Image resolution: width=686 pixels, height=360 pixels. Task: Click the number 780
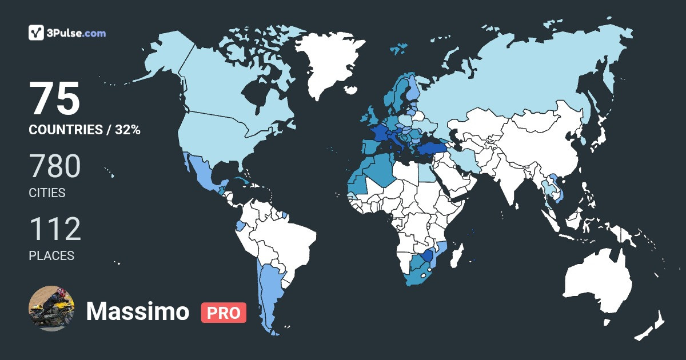55,167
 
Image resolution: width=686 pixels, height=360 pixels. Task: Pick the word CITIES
47,193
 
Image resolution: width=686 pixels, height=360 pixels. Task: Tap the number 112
55,230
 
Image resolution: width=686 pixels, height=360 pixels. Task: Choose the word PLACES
51,256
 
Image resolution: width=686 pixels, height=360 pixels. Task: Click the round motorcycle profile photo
51,308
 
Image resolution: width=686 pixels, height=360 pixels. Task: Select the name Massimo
137,312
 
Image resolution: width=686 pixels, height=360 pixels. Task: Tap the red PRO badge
224,313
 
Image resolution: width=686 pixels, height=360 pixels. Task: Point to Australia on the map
597,283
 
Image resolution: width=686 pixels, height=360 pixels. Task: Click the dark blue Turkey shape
429,150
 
